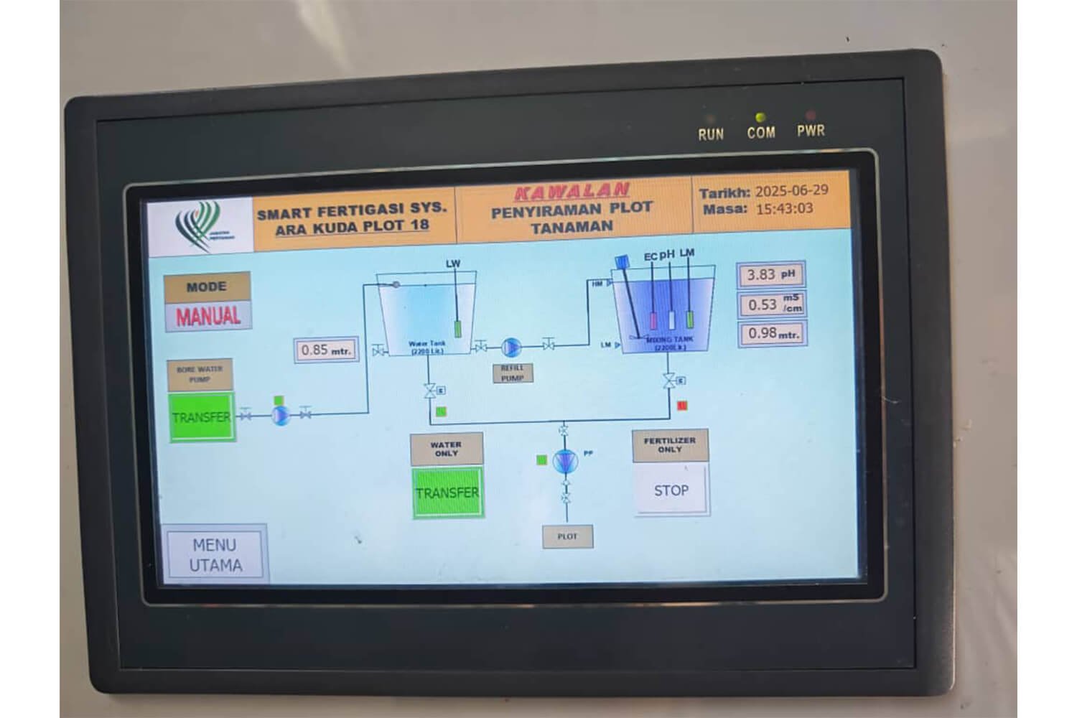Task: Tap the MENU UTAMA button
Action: pyautogui.click(x=215, y=554)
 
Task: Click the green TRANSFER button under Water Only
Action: pyautogui.click(x=447, y=493)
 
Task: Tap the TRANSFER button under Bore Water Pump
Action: pyautogui.click(x=202, y=417)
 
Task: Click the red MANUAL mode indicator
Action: pyautogui.click(x=208, y=316)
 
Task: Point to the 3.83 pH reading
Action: pyautogui.click(x=771, y=275)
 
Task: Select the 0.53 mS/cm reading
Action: pyautogui.click(x=771, y=304)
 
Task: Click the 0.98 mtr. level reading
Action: pyautogui.click(x=771, y=334)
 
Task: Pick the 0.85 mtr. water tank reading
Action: pyautogui.click(x=325, y=350)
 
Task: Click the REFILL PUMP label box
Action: pyautogui.click(x=513, y=373)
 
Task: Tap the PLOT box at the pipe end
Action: pyautogui.click(x=567, y=536)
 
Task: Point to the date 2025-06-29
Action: pyautogui.click(x=792, y=191)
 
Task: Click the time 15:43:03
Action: pyautogui.click(x=784, y=209)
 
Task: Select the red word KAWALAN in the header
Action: pyautogui.click(x=572, y=192)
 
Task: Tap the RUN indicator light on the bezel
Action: pyautogui.click(x=711, y=117)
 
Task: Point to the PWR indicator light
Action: pyautogui.click(x=811, y=115)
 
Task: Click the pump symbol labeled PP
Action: pyautogui.click(x=565, y=460)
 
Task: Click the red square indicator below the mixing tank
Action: pyautogui.click(x=682, y=406)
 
